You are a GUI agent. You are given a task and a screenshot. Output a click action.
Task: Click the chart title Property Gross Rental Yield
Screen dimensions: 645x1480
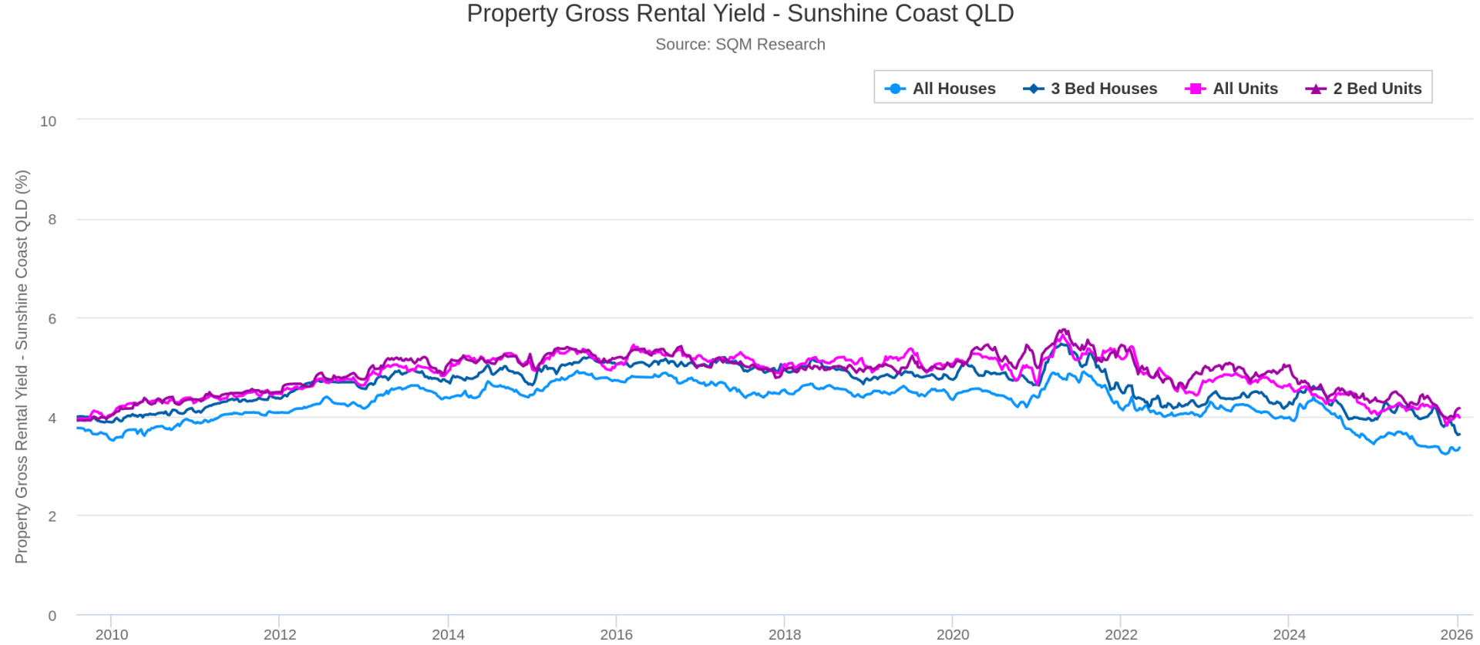pyautogui.click(x=740, y=14)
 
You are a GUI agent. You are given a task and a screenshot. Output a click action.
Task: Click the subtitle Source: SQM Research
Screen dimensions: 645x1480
pyautogui.click(x=740, y=45)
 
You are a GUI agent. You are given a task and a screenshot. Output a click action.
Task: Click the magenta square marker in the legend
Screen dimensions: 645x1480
pyautogui.click(x=1195, y=89)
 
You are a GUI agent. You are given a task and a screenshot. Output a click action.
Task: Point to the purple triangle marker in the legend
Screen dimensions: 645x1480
pyautogui.click(x=1315, y=89)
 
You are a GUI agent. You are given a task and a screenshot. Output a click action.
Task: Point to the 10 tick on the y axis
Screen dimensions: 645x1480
pyautogui.click(x=48, y=121)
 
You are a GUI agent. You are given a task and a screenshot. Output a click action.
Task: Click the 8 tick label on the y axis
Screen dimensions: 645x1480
pyautogui.click(x=52, y=220)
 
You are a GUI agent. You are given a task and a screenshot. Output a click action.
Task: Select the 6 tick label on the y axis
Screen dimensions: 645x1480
pyautogui.click(x=52, y=319)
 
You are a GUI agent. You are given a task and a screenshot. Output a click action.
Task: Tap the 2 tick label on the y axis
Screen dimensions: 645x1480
pyautogui.click(x=52, y=516)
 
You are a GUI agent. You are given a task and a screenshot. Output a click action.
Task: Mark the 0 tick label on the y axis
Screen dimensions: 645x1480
pyautogui.click(x=52, y=616)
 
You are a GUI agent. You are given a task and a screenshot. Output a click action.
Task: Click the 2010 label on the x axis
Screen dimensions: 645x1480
pyautogui.click(x=112, y=634)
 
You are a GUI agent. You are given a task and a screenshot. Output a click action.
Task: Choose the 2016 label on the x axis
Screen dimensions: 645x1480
pyautogui.click(x=616, y=634)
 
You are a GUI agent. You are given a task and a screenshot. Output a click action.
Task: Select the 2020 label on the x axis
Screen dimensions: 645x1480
pyautogui.click(x=953, y=634)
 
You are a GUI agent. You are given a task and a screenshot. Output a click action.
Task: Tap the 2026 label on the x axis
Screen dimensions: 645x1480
pyautogui.click(x=1456, y=634)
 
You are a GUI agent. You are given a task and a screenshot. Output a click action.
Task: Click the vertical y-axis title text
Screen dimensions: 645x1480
pyautogui.click(x=22, y=366)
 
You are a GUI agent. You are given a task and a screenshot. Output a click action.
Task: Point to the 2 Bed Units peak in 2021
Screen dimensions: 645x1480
pyautogui.click(x=1063, y=330)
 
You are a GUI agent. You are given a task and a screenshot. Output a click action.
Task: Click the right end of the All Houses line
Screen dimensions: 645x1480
pyautogui.click(x=1458, y=448)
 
